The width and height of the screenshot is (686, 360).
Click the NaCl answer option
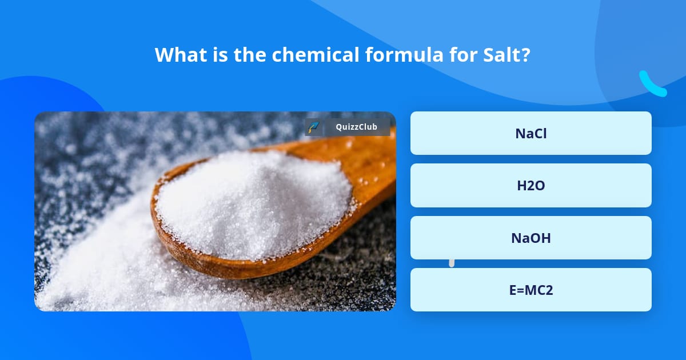(531, 133)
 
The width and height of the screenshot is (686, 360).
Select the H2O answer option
(531, 185)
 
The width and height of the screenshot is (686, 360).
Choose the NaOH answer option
(531, 238)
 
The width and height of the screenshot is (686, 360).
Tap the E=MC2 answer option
(531, 290)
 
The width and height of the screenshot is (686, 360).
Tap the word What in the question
(180, 55)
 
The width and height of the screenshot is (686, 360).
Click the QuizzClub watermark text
(357, 127)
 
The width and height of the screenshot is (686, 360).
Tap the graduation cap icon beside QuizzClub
(313, 127)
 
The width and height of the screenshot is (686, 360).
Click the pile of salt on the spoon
(252, 200)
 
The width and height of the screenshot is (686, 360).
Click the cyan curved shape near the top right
(652, 85)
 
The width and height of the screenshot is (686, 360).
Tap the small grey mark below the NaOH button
(452, 263)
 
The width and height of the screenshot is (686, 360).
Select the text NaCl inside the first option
(531, 133)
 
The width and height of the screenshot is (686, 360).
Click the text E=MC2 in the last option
(531, 290)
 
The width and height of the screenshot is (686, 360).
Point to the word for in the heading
(460, 55)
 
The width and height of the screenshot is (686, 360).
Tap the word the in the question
(250, 55)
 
